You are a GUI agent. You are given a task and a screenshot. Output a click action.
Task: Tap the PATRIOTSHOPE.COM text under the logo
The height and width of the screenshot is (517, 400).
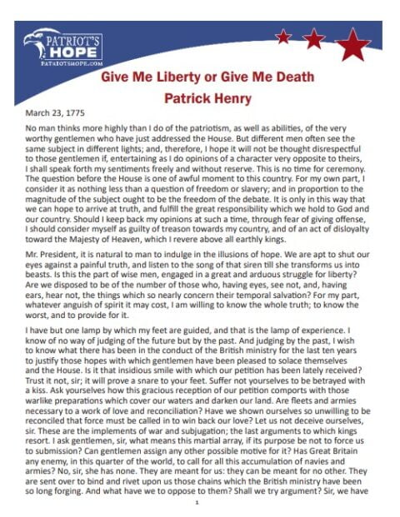point(62,60)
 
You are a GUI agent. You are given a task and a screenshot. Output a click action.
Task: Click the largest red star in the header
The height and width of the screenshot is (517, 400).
point(356,42)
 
